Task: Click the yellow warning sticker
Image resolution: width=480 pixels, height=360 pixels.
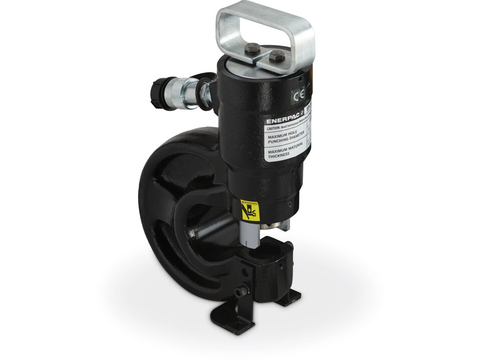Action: (250, 210)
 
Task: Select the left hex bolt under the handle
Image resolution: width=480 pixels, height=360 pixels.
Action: (253, 49)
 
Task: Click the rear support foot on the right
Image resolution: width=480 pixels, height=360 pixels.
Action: (289, 300)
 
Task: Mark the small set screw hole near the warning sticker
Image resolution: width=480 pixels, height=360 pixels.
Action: (290, 204)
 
